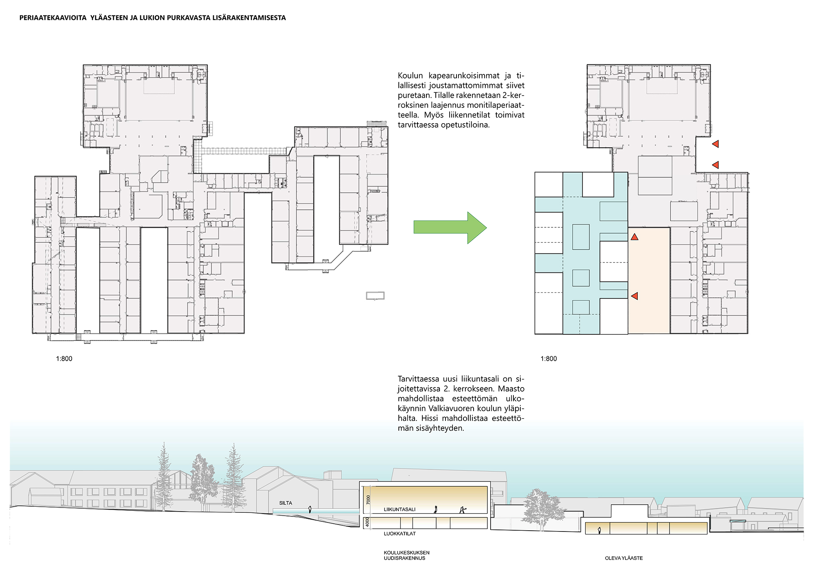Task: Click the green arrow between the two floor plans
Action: coord(450,227)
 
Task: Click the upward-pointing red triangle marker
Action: coord(635,237)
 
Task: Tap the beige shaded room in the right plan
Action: coord(649,281)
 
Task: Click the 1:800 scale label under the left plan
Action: coord(64,359)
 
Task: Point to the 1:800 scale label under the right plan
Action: coord(549,359)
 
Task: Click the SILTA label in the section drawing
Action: coord(286,503)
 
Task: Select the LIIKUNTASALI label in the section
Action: coord(400,509)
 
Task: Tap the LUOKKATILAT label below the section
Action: coord(400,534)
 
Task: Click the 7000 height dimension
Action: coord(368,500)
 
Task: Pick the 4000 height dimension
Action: coord(367,522)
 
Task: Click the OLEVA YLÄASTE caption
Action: coord(624,558)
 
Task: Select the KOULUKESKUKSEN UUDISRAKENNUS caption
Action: coord(406,555)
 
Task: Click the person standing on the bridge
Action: coord(311,509)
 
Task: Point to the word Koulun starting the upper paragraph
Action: coord(411,76)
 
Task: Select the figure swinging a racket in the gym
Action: coord(462,510)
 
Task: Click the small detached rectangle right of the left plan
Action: coord(375,296)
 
